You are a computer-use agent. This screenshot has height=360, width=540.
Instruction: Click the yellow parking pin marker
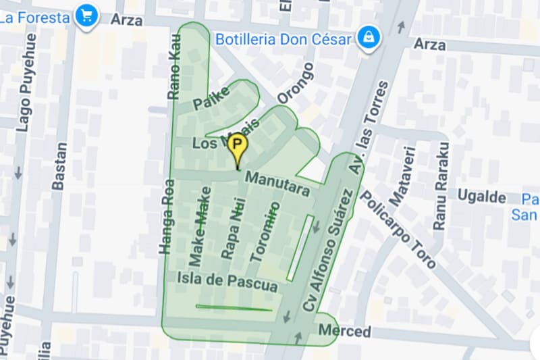pos(237,146)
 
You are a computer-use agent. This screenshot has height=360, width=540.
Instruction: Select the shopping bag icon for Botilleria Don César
pos(368,38)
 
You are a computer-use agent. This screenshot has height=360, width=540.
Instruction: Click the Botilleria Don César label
pos(283,39)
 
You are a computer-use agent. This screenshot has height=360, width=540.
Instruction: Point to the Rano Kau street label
pos(175,68)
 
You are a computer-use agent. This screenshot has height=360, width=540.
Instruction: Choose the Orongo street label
pos(296,84)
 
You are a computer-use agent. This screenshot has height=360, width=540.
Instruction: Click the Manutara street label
pos(277,184)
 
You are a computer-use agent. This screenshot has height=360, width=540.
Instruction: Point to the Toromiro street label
pos(264,232)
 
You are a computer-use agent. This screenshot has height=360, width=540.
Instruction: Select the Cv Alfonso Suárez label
pos(328,251)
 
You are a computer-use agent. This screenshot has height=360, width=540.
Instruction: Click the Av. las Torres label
pos(369,128)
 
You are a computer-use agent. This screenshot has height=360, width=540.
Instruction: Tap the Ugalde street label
pos(482,197)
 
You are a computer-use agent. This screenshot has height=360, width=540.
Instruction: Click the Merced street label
pos(344,332)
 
